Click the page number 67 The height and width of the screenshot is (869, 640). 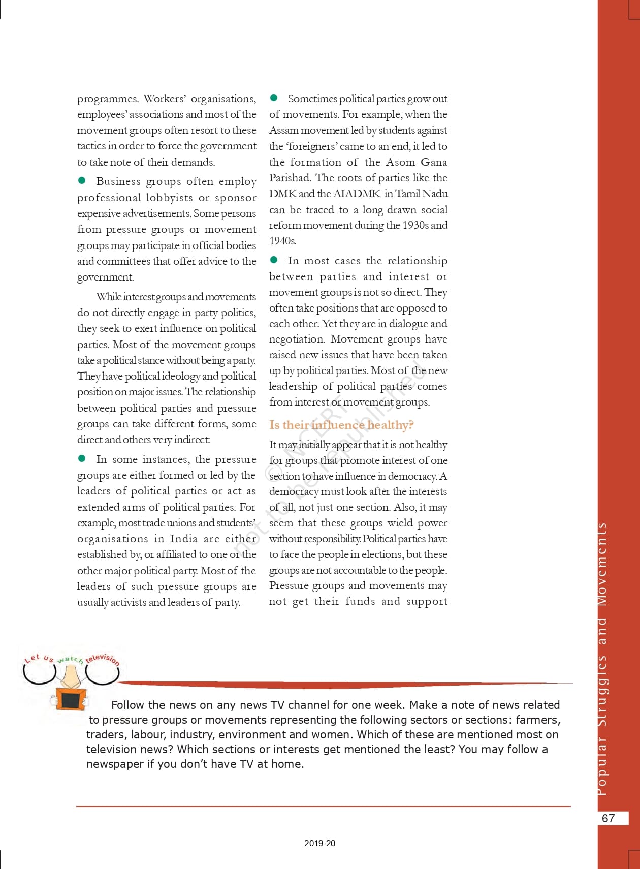click(608, 818)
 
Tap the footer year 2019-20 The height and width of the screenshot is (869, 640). click(319, 843)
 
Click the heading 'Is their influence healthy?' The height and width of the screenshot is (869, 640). click(341, 425)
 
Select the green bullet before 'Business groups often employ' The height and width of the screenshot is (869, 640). click(82, 180)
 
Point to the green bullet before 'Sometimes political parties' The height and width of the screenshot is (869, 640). click(274, 97)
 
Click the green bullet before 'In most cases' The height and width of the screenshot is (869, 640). click(274, 260)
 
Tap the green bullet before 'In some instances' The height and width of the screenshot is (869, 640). click(82, 458)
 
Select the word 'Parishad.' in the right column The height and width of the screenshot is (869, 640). click(290, 178)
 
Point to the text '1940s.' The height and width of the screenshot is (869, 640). click(283, 241)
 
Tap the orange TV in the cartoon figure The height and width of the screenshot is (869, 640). click(71, 700)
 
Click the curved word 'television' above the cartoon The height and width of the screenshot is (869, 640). click(103, 659)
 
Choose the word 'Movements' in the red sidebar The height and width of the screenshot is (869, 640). click(602, 564)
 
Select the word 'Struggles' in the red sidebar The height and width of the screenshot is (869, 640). click(602, 691)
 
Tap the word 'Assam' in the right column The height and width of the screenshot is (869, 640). click(285, 130)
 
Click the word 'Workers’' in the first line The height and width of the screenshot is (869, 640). click(165, 99)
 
